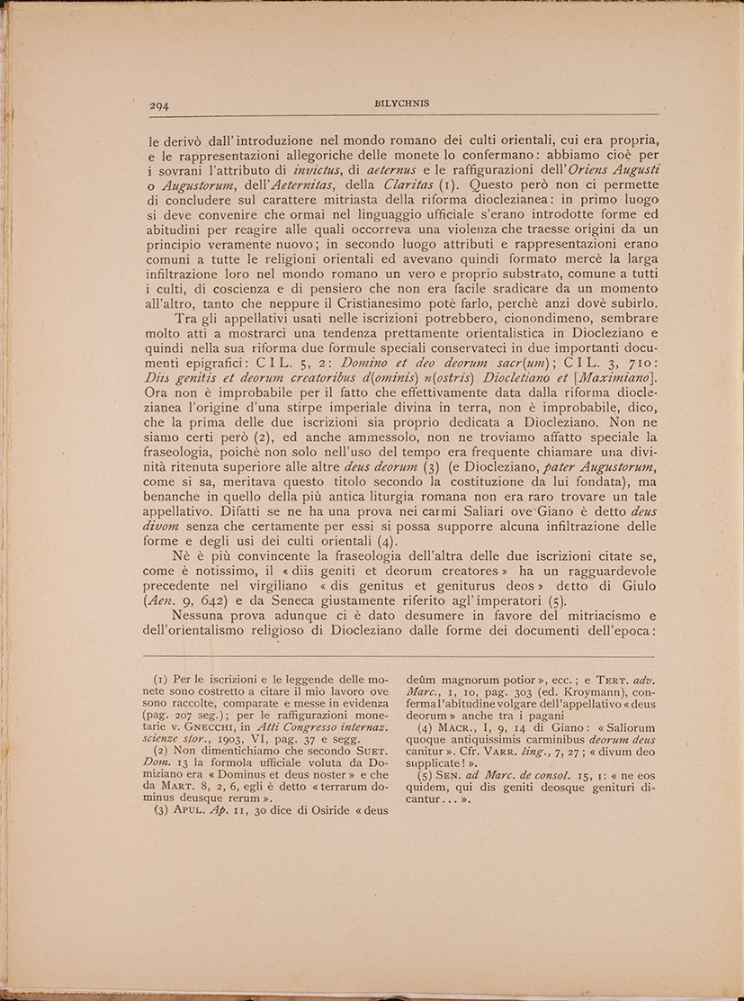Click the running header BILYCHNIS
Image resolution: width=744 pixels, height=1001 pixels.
click(401, 103)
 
